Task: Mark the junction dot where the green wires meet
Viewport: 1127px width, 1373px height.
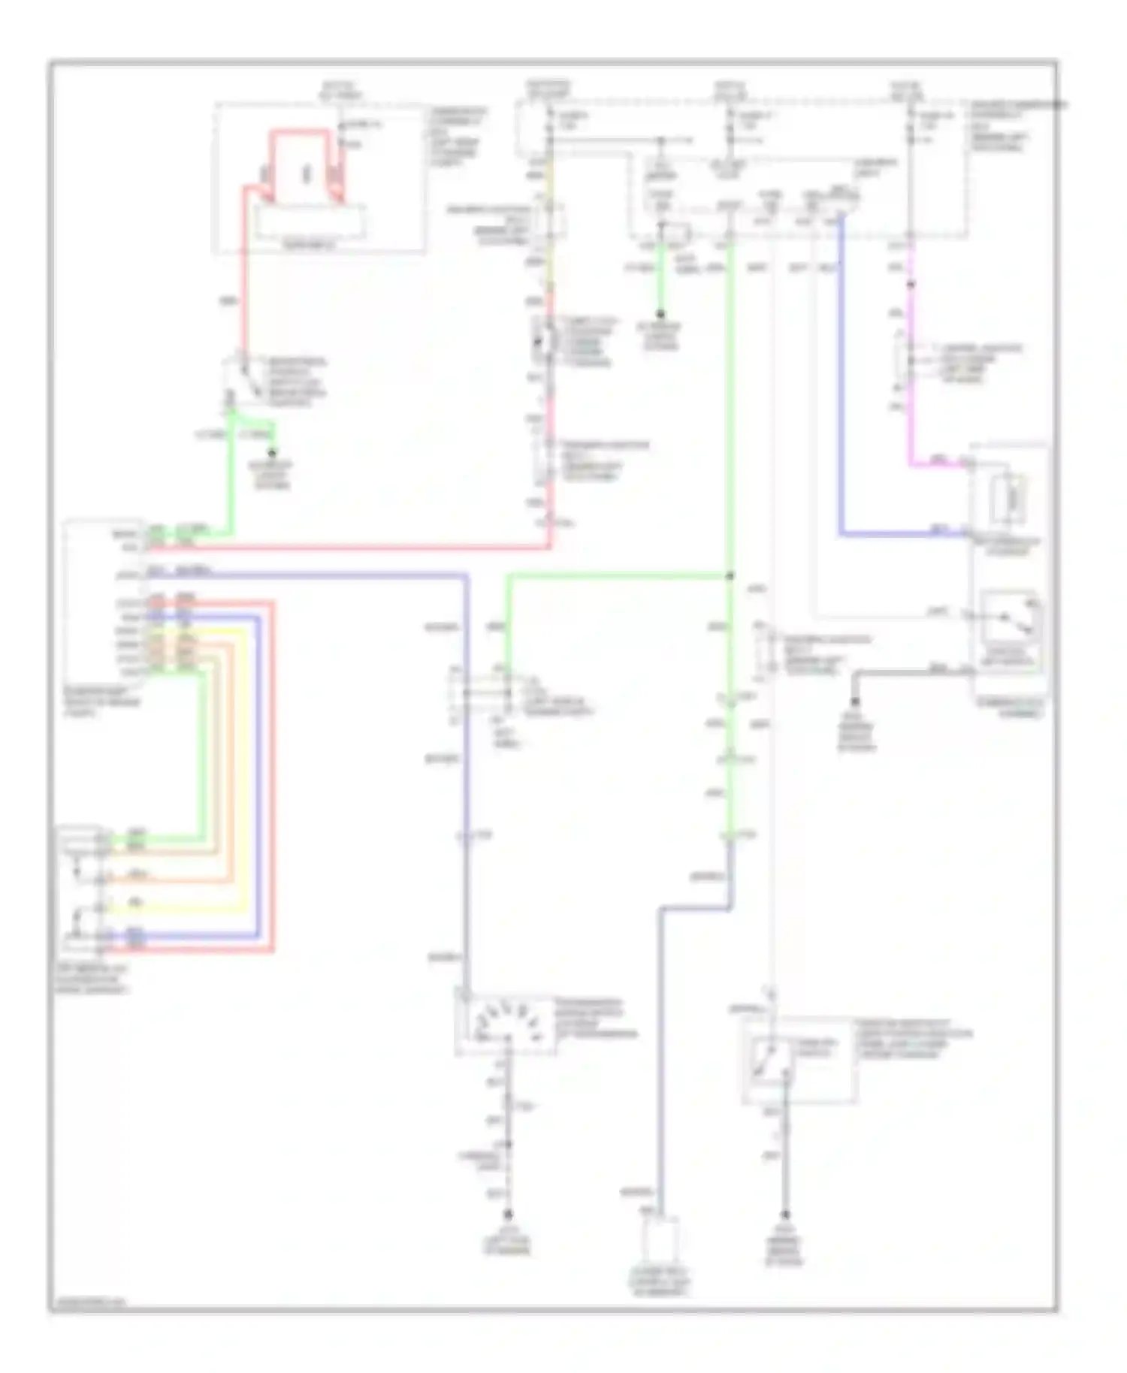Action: click(730, 576)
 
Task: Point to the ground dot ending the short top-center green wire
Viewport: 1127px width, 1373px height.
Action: click(660, 314)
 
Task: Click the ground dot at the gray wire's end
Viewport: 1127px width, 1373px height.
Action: click(855, 702)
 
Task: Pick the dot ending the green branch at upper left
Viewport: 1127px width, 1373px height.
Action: click(272, 453)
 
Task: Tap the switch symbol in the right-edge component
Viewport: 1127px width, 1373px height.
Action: click(1011, 617)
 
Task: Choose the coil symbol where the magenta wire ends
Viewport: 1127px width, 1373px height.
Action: click(1011, 496)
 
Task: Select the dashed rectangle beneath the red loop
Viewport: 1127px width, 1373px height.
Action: click(310, 223)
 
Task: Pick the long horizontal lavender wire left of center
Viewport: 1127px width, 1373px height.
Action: click(316, 575)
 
